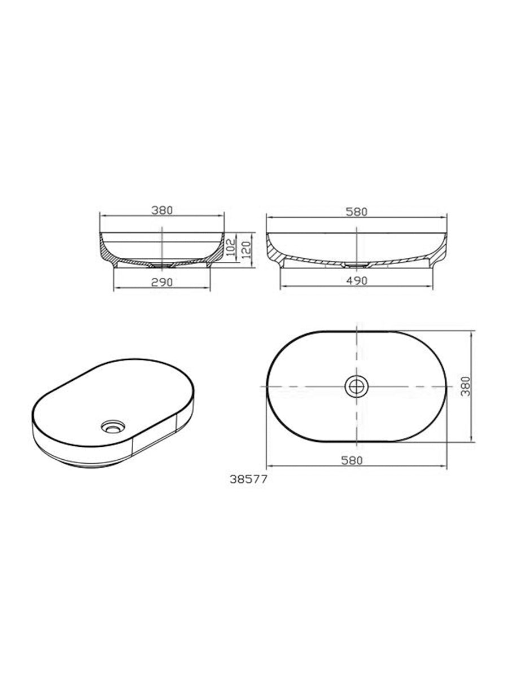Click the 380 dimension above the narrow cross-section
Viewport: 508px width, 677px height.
point(161,210)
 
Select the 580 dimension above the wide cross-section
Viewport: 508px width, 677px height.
point(357,212)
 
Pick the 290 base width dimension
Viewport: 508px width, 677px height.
point(161,280)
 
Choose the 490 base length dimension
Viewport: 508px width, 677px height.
point(357,280)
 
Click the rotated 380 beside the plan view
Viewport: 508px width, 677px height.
point(465,386)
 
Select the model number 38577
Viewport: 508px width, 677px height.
point(248,481)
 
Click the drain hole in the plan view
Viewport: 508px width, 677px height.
point(356,386)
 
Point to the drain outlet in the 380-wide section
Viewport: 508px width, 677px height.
point(162,265)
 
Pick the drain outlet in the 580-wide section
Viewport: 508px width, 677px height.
point(356,264)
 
